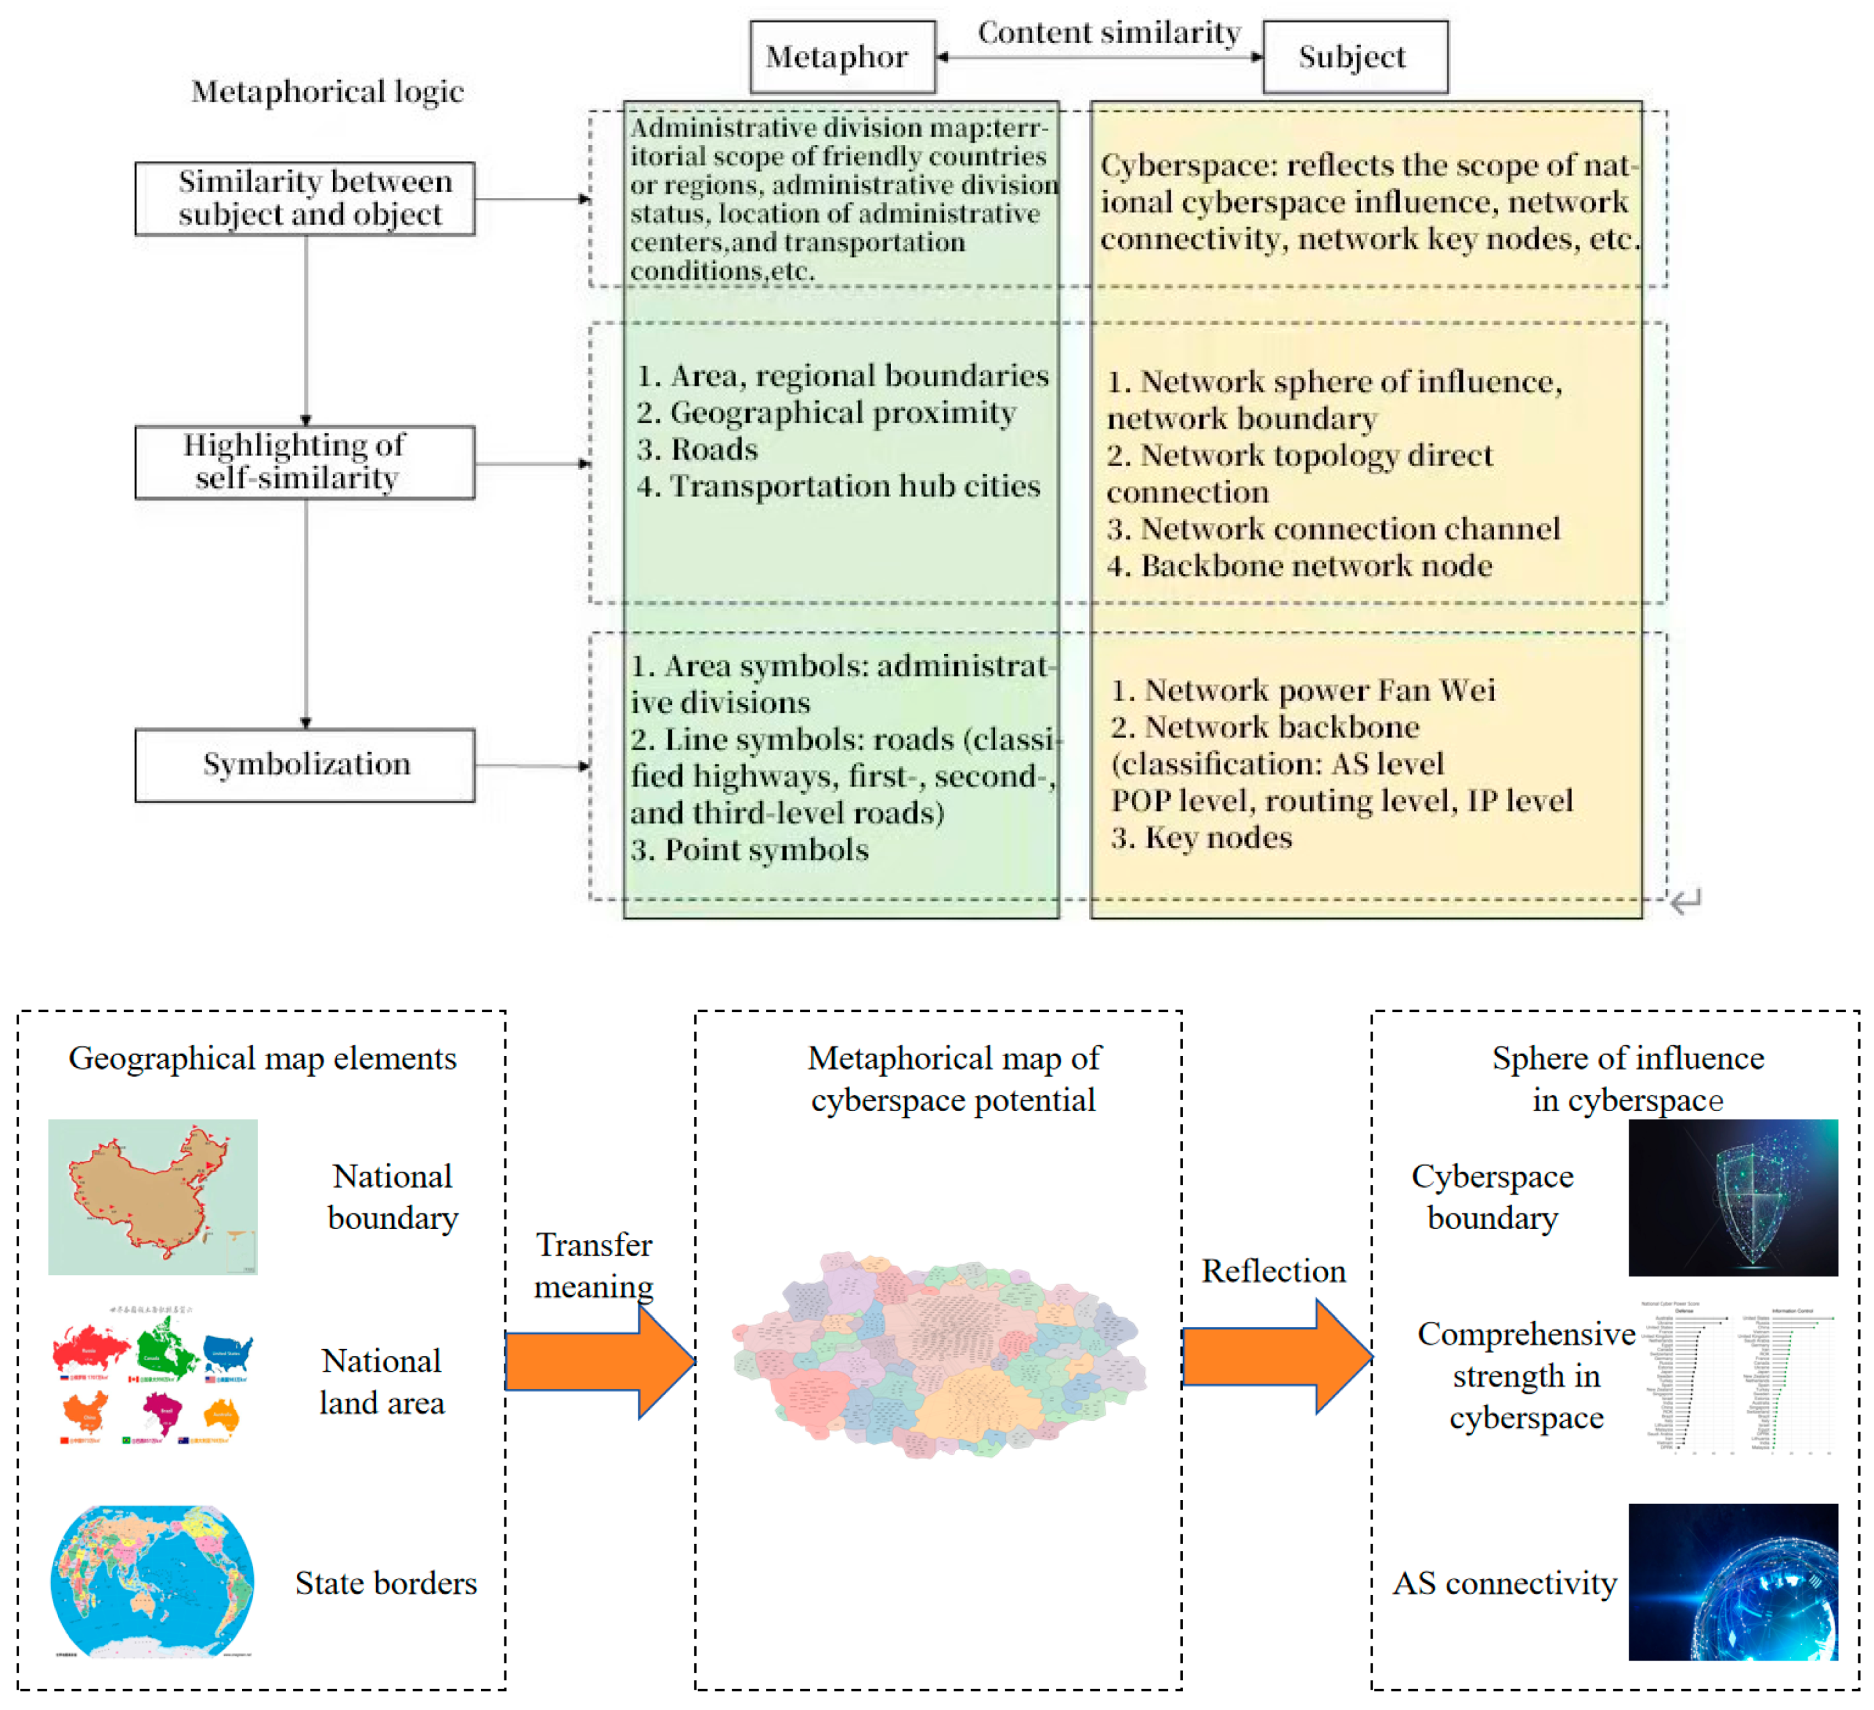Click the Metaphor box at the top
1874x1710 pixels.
point(841,57)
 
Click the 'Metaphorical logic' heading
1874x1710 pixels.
point(327,91)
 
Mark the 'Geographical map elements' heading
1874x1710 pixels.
point(262,1059)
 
